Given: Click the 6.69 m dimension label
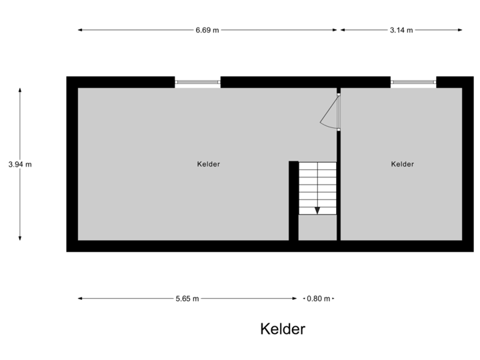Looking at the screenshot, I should [207, 30].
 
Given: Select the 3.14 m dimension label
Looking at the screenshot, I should [401, 30].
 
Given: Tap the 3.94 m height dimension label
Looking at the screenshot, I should [20, 164].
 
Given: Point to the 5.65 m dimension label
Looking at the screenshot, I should [187, 299].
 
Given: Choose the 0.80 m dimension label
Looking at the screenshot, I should [319, 299].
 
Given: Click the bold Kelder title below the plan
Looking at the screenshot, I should [283, 329].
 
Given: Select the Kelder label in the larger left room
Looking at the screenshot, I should [209, 164].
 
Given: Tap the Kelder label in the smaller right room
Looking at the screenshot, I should [403, 164].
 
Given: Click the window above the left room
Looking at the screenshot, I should [197, 82].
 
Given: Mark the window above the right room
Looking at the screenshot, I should [413, 82].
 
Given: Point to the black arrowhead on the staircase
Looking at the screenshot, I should [317, 211].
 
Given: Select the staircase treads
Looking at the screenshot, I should [317, 187].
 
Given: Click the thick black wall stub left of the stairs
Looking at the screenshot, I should [293, 200].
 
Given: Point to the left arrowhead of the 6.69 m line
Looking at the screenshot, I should [80, 30].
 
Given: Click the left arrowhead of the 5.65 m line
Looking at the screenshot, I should [80, 299].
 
